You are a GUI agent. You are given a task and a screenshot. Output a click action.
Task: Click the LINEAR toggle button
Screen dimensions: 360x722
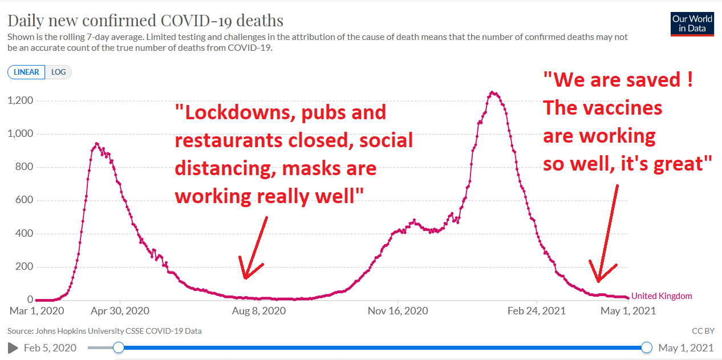pyautogui.click(x=26, y=72)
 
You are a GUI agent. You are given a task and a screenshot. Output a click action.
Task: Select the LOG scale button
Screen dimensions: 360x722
pyautogui.click(x=58, y=72)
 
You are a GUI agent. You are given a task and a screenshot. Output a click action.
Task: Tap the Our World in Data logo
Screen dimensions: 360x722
pyautogui.click(x=692, y=23)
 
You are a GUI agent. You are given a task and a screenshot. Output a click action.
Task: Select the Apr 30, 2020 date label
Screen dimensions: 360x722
pyautogui.click(x=120, y=311)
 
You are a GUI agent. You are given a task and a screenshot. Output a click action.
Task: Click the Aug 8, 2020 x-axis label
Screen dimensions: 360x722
pyautogui.click(x=259, y=311)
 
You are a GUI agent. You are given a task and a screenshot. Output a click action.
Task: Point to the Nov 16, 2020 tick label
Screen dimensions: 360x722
pyautogui.click(x=397, y=311)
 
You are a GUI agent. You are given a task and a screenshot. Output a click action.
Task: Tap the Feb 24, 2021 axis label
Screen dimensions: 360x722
pyautogui.click(x=537, y=311)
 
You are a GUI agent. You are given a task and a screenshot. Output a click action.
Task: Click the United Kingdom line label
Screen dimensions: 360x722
pyautogui.click(x=662, y=296)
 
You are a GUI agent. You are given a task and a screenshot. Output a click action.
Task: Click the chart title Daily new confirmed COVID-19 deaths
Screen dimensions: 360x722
pyautogui.click(x=145, y=21)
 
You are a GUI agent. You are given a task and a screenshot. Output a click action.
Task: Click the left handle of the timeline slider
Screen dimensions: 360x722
pyautogui.click(x=119, y=347)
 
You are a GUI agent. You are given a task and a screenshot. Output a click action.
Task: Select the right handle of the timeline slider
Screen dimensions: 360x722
pyautogui.click(x=647, y=347)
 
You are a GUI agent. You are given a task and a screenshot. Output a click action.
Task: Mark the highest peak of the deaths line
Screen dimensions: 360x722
pyautogui.click(x=493, y=92)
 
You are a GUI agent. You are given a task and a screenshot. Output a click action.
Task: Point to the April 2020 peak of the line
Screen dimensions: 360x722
pyautogui.click(x=97, y=144)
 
